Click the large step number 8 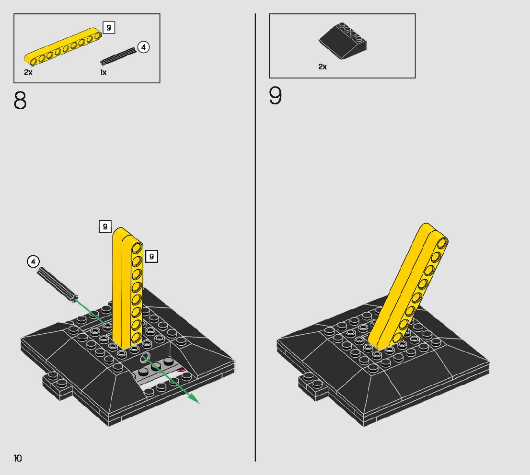pos(20,101)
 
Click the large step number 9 pos(276,96)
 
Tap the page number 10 pos(18,458)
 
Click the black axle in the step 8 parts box pos(118,56)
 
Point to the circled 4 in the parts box pos(143,47)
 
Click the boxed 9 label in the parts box pos(109,28)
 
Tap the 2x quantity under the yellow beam pos(28,72)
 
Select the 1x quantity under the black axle pos(103,72)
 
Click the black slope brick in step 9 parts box pos(343,41)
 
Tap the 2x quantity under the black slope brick pos(323,67)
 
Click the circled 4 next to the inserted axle pos(33,261)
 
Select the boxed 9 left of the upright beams pos(105,226)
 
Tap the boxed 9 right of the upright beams pos(151,257)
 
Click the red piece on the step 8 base pos(181,369)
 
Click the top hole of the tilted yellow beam pos(442,242)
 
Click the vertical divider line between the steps pos(255,239)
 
